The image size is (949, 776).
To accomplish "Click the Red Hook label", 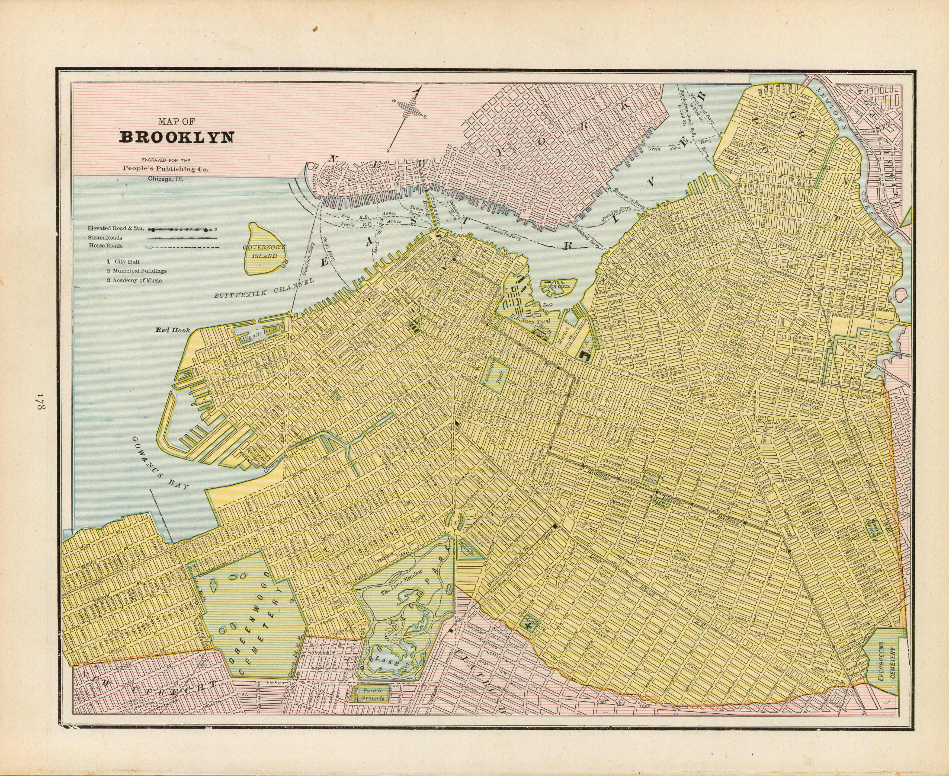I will coord(173,330).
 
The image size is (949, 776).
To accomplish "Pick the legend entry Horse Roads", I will coord(105,246).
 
